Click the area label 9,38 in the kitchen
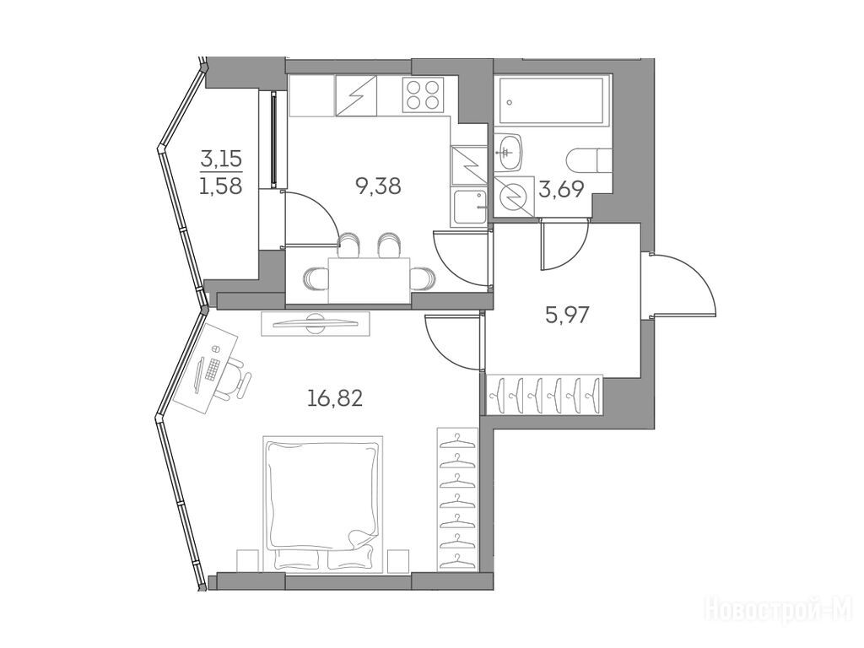tap(378, 186)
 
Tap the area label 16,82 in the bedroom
tap(335, 397)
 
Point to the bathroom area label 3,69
tap(562, 188)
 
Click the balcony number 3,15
tap(221, 157)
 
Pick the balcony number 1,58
tap(221, 185)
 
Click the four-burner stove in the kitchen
tap(424, 94)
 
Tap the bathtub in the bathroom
tap(550, 101)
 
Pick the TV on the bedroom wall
tap(316, 321)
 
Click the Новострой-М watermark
tap(780, 610)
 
